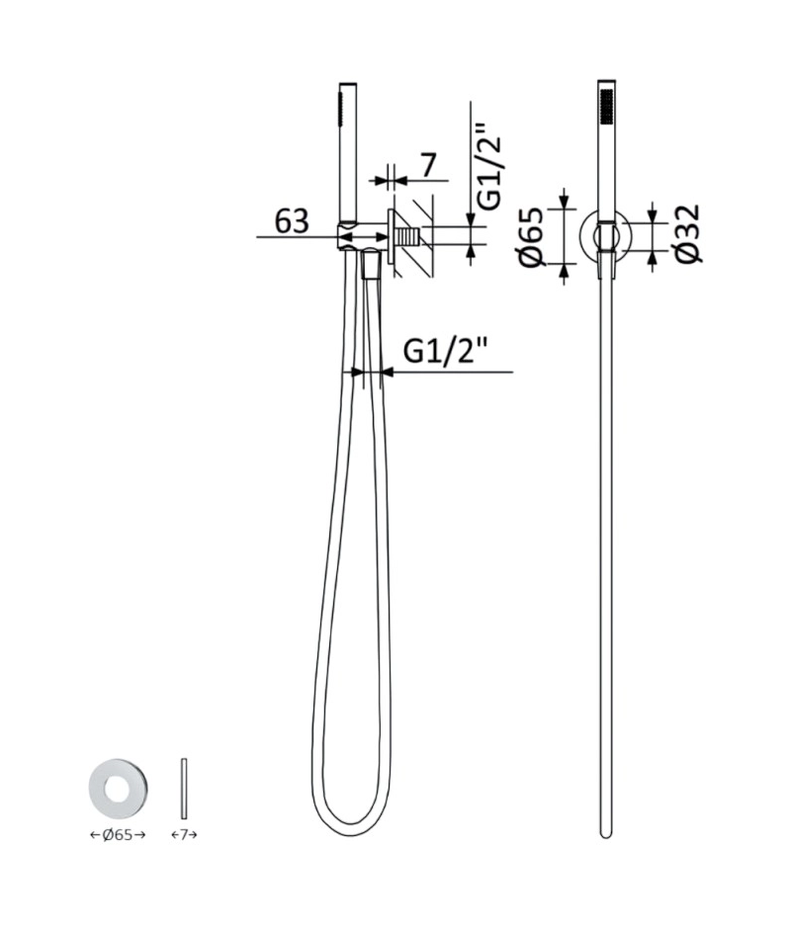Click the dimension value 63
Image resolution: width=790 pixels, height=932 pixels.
tap(292, 221)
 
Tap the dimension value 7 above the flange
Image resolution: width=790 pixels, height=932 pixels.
tap(428, 165)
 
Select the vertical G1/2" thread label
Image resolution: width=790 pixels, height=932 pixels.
tap(490, 166)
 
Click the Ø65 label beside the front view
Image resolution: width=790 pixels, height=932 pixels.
tap(532, 236)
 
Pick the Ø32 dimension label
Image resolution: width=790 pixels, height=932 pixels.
tap(688, 233)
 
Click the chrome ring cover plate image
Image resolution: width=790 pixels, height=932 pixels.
tap(119, 788)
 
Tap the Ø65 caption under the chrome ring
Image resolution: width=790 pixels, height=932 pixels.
tap(118, 834)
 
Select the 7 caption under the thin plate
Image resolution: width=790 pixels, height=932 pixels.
tap(184, 834)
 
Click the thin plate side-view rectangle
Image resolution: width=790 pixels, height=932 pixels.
tap(184, 788)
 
